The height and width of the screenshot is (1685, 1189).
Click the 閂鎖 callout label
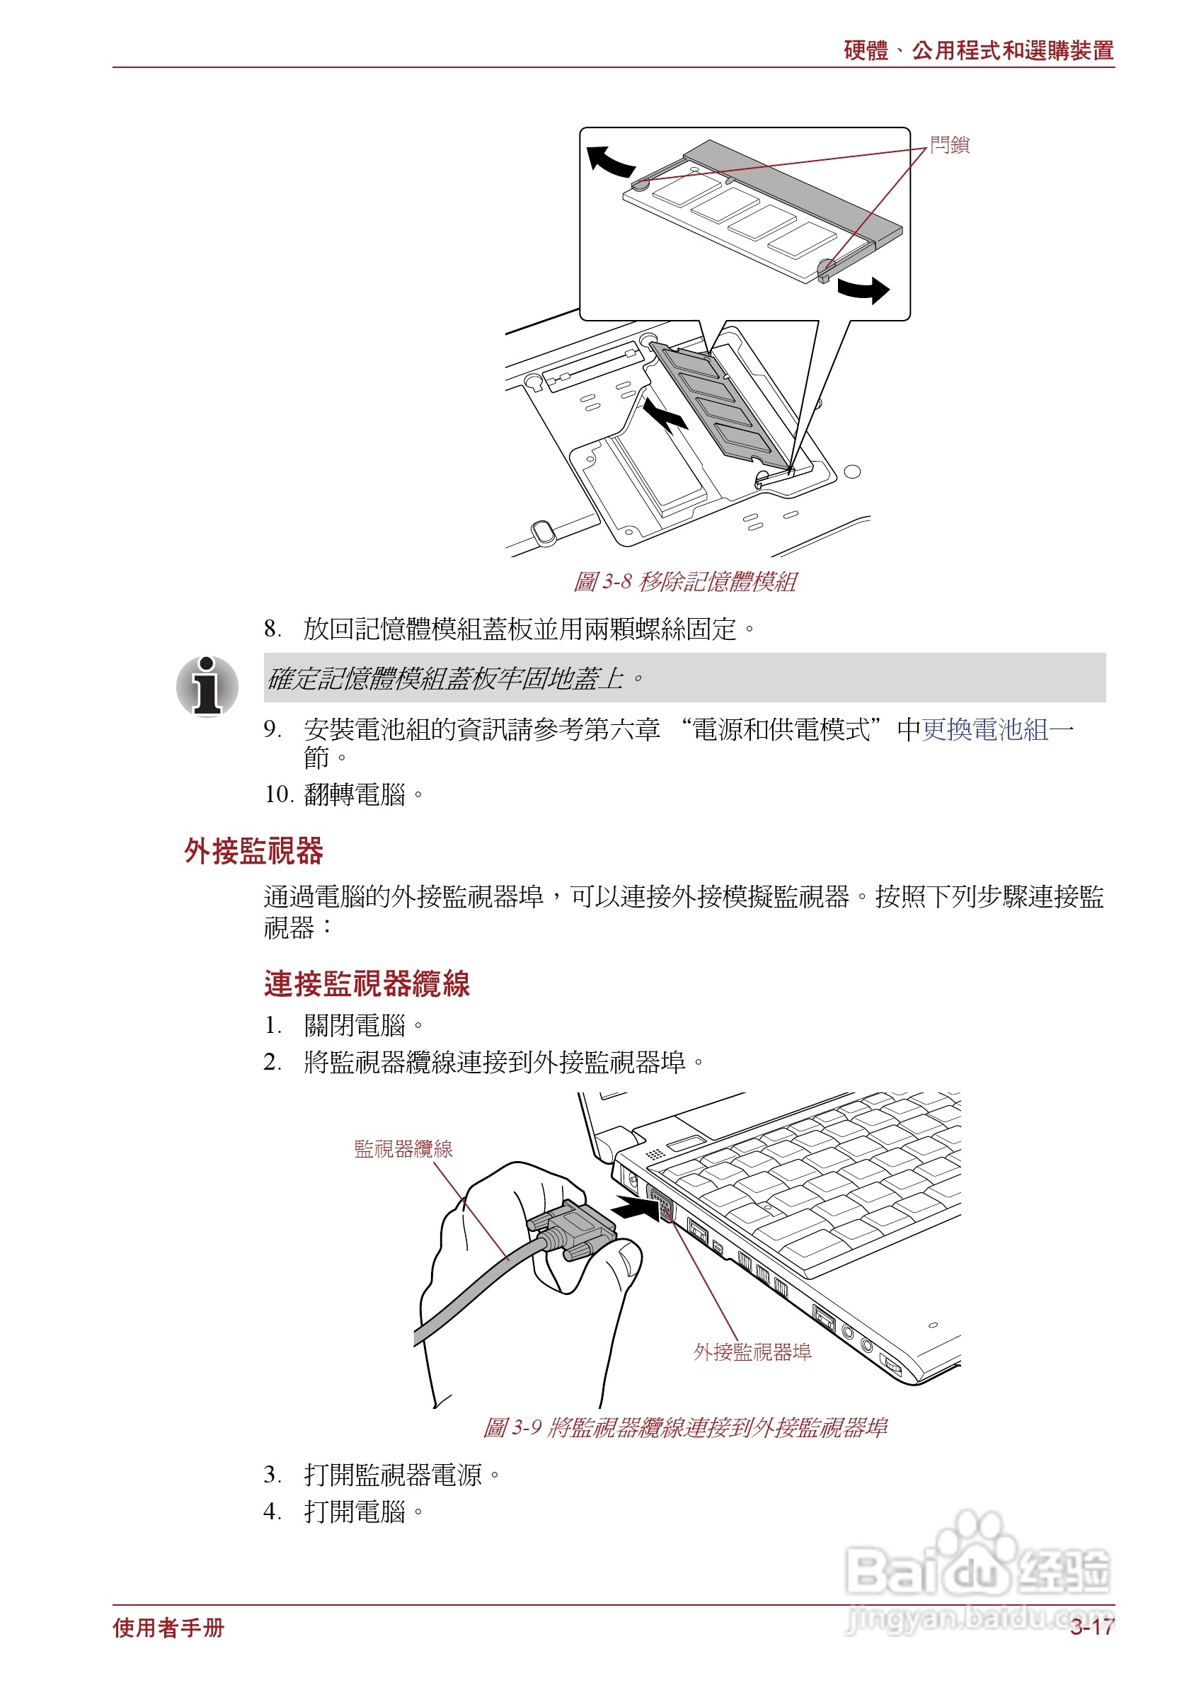(949, 144)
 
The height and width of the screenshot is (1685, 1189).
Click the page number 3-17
(1091, 1627)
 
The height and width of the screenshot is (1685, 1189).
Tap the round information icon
(207, 686)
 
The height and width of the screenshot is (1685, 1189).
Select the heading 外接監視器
(253, 850)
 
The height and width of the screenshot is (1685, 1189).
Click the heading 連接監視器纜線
(366, 983)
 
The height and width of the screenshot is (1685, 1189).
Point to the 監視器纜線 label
(403, 1148)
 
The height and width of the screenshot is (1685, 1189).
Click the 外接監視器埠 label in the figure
(752, 1352)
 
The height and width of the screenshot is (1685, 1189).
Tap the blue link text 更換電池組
(984, 729)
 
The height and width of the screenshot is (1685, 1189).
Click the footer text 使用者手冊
(168, 1628)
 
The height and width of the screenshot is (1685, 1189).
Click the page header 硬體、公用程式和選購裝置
(979, 51)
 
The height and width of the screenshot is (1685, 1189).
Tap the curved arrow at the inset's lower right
(864, 289)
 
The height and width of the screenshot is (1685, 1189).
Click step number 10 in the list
(278, 794)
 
